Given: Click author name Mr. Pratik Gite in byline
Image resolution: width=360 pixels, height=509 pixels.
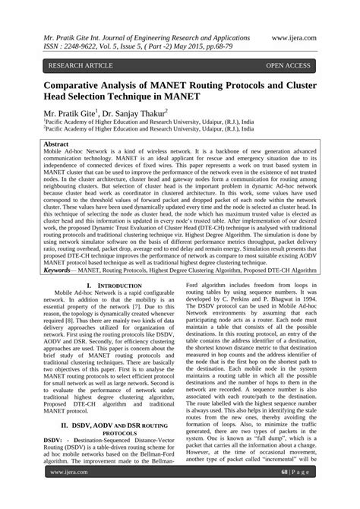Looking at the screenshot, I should click(x=70, y=114).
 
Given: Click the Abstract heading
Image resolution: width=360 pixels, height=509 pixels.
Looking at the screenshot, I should click(x=61, y=144).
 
